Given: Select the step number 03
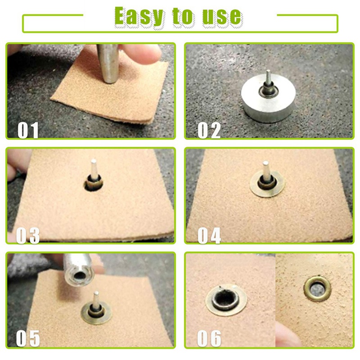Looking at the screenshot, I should point(28,235).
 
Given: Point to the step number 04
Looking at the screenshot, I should point(209,235).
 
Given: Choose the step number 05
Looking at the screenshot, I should point(28,338).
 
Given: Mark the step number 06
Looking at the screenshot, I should point(209,338).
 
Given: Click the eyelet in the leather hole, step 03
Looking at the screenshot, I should point(94,183).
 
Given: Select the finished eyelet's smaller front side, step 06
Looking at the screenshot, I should point(317,288).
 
